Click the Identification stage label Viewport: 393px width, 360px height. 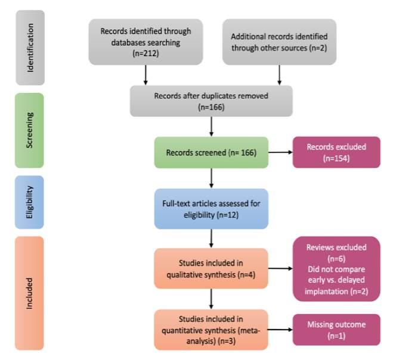click(x=30, y=48)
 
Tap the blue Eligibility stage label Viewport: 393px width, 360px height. click(x=30, y=202)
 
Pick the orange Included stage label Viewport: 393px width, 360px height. click(x=30, y=293)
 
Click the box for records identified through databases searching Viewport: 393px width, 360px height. click(x=146, y=42)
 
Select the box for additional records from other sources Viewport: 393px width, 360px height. click(x=280, y=42)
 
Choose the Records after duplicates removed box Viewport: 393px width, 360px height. click(x=212, y=101)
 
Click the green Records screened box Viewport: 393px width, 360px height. click(x=212, y=153)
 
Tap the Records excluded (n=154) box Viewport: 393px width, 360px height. click(x=336, y=153)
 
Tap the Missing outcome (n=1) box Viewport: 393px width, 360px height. click(x=336, y=329)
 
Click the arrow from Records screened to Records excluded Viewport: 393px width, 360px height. click(x=280, y=153)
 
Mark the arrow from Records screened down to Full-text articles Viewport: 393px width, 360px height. click(x=212, y=179)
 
